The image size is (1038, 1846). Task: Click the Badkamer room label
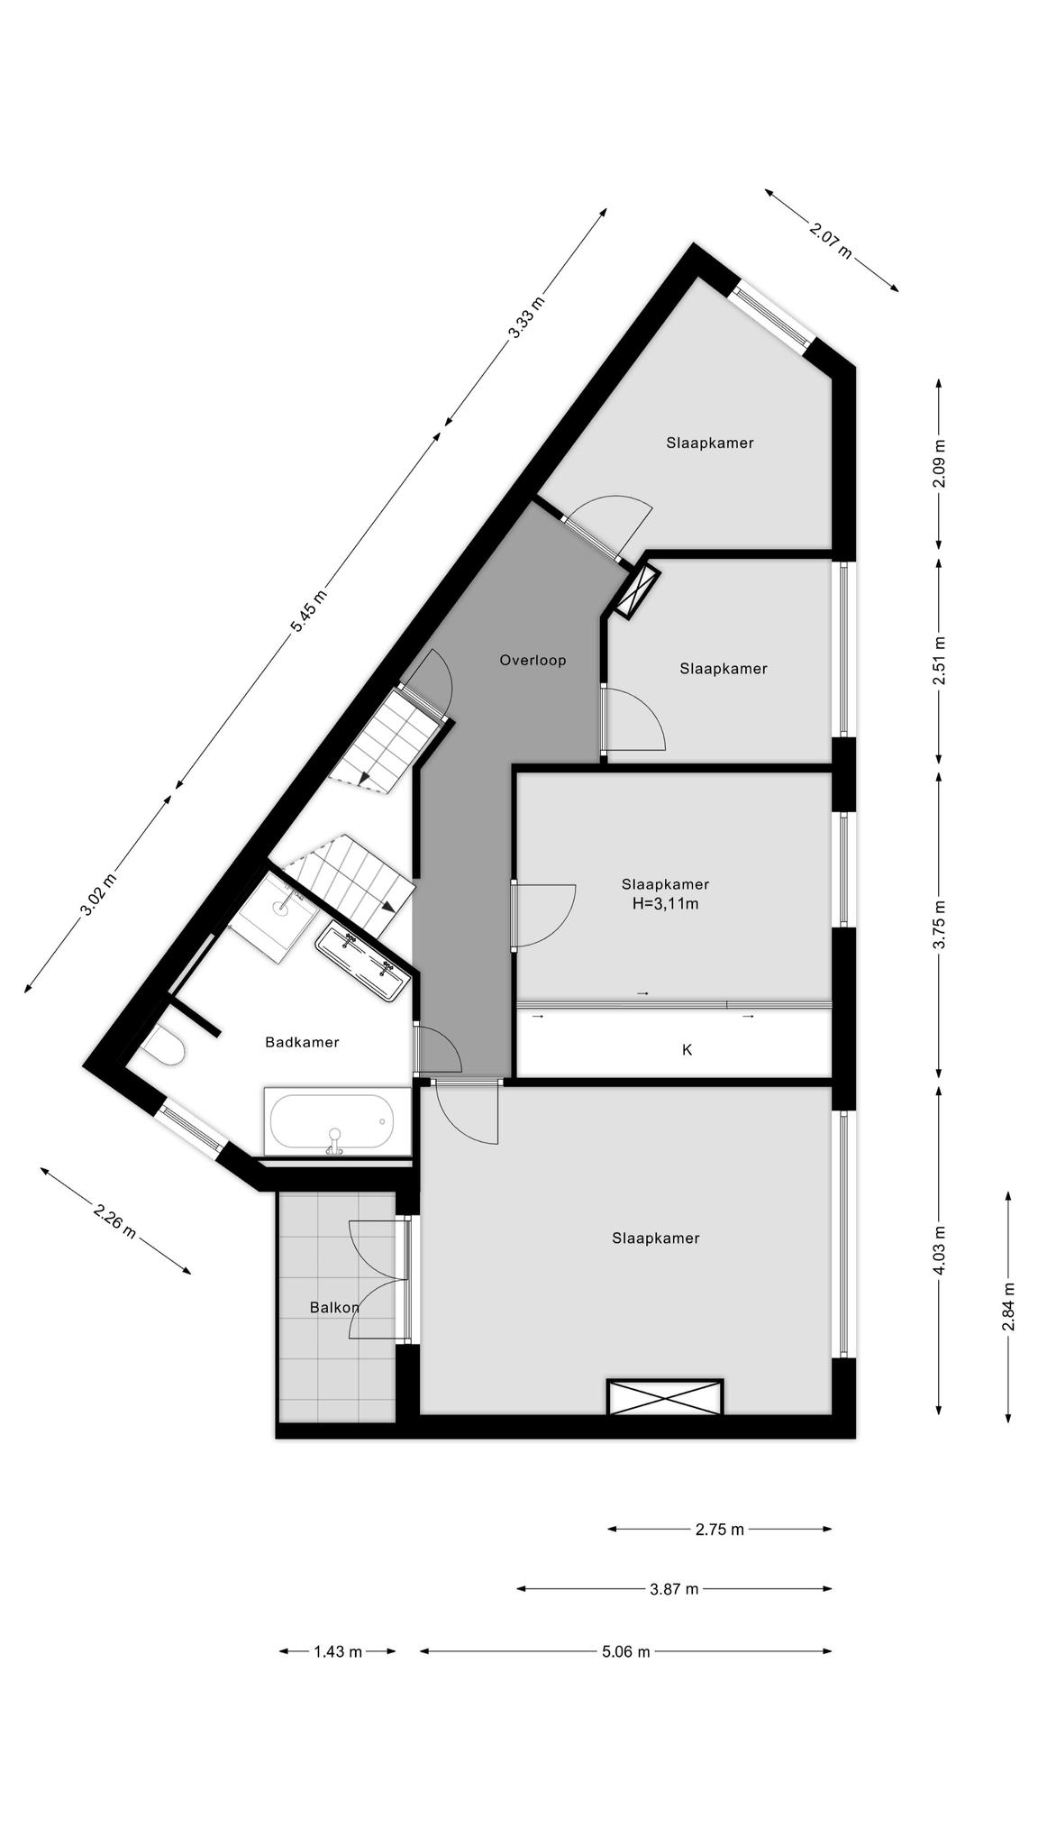tap(302, 1042)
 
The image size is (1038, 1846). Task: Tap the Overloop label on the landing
tap(533, 660)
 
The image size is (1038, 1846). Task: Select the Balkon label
tap(334, 1307)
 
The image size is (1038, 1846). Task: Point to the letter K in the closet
tap(687, 1049)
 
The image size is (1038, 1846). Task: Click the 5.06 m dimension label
tap(625, 1651)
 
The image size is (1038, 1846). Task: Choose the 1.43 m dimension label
tap(338, 1651)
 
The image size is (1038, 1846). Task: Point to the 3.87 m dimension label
tap(674, 1588)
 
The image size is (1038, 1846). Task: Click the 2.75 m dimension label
tap(720, 1529)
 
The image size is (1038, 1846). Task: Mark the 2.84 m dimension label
tap(1009, 1306)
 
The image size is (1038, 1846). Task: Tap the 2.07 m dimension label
tap(830, 241)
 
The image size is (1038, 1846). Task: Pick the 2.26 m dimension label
tap(115, 1220)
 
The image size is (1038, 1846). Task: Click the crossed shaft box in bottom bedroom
tap(665, 1396)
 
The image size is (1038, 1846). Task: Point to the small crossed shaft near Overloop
tap(634, 590)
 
